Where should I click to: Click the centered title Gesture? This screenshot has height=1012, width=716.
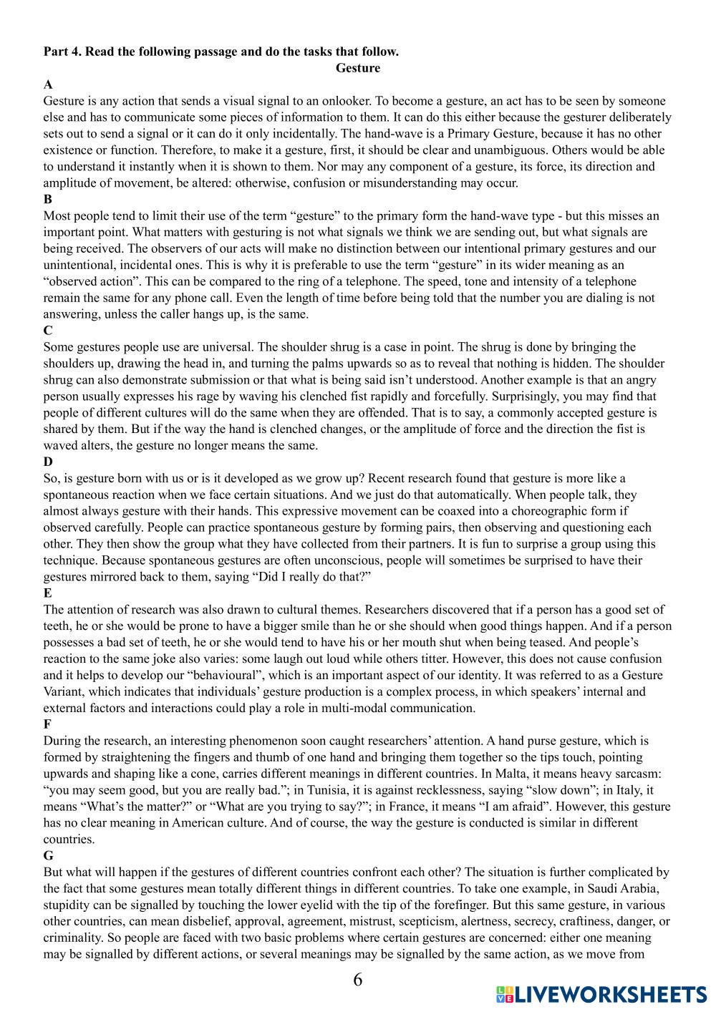pyautogui.click(x=357, y=68)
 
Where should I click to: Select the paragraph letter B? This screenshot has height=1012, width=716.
pyautogui.click(x=48, y=199)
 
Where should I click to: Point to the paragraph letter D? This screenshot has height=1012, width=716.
pyautogui.click(x=48, y=462)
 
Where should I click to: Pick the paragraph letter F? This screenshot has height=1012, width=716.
pyautogui.click(x=48, y=724)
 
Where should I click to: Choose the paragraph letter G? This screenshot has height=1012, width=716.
pyautogui.click(x=48, y=855)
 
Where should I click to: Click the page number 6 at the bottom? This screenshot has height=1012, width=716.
pyautogui.click(x=357, y=979)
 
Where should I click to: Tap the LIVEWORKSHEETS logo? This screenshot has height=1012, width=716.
pyautogui.click(x=601, y=993)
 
